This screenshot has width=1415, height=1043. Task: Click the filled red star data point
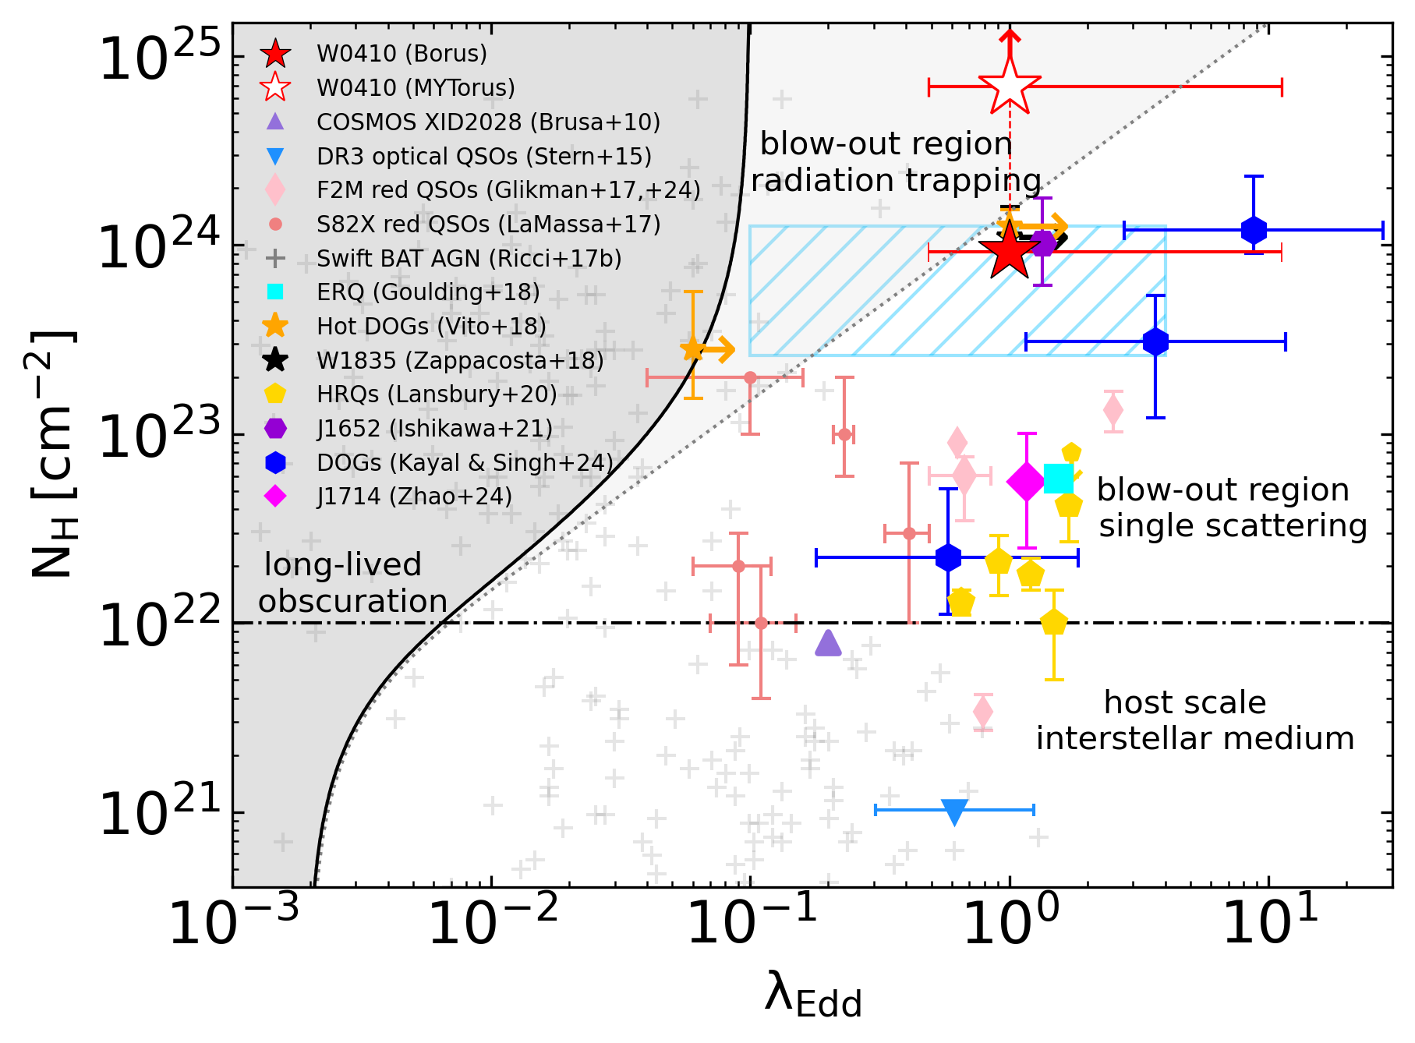coord(1009,251)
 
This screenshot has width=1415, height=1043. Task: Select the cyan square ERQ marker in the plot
coord(1059,478)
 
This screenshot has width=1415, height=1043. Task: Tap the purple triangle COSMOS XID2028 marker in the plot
coord(828,643)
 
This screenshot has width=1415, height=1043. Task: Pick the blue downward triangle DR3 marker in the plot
coord(954,811)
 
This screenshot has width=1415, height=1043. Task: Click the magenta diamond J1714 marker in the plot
coord(1027,482)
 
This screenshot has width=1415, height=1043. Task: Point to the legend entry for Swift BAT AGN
coord(469,258)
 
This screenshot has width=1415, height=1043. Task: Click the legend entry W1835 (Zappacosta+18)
coord(460,360)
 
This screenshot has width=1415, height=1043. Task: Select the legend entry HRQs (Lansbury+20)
coord(437,394)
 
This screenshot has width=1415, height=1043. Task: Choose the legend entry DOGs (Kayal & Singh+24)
coord(465,462)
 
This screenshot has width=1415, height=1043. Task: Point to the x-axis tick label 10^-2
coord(493,921)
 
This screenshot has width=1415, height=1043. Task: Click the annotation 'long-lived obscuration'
coord(352,583)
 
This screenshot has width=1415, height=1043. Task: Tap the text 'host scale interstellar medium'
coord(1194,720)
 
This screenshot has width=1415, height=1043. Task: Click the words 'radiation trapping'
coord(896,181)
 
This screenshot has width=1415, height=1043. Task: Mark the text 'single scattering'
coord(1233,526)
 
